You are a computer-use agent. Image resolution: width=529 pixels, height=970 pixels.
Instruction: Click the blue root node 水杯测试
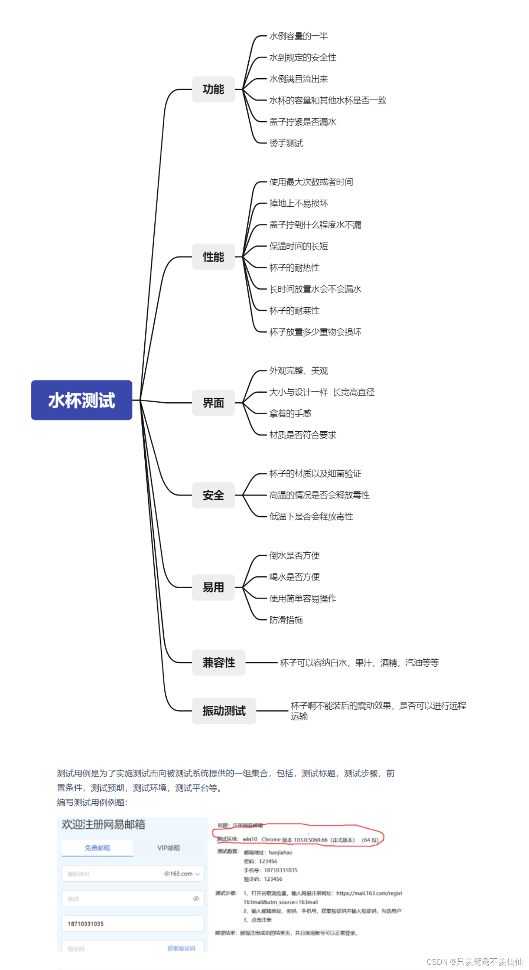pos(82,400)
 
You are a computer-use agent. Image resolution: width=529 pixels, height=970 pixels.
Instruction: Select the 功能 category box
pos(213,89)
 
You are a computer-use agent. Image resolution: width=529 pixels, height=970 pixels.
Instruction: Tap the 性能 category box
pos(213,257)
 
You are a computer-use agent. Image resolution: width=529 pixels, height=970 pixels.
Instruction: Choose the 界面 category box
pos(213,403)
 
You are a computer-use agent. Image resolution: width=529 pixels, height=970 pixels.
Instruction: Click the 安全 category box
pos(213,495)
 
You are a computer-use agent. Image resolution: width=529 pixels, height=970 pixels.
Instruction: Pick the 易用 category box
pos(213,587)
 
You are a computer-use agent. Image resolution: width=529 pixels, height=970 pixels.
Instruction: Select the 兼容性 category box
pos(219,662)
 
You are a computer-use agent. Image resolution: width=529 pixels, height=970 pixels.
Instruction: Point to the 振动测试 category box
pos(224,711)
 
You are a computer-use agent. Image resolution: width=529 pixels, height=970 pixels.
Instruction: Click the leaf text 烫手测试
pos(286,144)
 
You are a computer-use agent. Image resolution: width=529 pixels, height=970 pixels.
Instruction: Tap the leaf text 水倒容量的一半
pos(299,36)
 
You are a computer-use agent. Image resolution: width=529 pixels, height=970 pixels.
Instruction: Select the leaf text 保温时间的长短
pos(299,246)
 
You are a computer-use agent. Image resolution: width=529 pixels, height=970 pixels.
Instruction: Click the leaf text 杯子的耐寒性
pos(294,311)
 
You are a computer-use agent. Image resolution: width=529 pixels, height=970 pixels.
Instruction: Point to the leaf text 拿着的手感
pos(290,413)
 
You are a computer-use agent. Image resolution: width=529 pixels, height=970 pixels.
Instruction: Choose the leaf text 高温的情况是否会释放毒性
pos(319,495)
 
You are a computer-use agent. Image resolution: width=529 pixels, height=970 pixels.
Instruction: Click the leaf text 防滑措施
pos(286,620)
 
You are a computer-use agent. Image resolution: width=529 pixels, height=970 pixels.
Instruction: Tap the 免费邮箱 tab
pos(97,848)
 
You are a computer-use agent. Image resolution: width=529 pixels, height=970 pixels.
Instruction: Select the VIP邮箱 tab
pos(168,848)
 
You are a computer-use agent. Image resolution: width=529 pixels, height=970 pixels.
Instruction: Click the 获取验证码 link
pos(181,948)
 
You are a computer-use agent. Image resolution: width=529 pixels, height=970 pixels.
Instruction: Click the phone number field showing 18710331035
pos(133,924)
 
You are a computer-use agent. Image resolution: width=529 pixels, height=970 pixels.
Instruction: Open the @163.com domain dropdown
pos(182,873)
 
